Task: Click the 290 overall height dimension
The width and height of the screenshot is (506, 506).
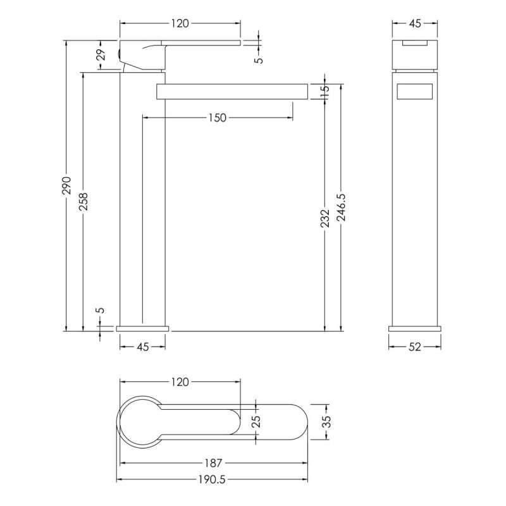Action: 66,185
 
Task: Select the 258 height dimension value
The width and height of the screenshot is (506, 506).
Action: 83,201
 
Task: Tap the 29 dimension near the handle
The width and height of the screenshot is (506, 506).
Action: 101,54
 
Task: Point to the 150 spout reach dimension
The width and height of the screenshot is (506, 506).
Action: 217,118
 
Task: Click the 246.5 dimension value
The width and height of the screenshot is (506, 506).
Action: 341,207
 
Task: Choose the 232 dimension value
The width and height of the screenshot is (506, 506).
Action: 325,218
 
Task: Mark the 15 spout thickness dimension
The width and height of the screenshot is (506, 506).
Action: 324,88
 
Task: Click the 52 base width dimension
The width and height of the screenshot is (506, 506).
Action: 415,347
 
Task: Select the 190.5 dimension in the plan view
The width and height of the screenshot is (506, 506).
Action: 212,480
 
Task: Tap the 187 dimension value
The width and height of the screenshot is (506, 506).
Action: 213,463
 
